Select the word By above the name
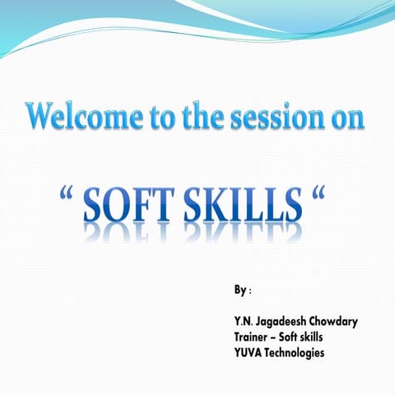[240, 290]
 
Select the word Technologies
[297, 352]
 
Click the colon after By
[250, 292]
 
